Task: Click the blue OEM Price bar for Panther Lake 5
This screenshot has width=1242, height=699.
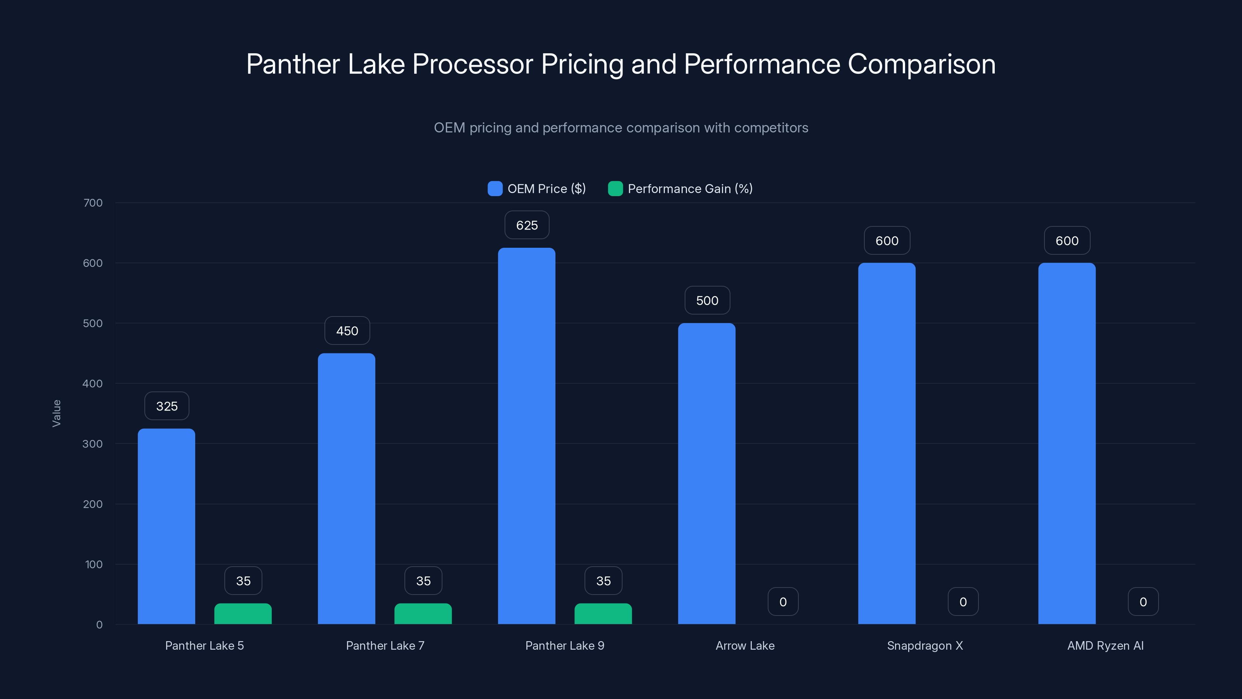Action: [167, 526]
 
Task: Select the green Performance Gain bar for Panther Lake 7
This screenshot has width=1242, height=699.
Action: [423, 614]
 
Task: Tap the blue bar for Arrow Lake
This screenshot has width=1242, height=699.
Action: [706, 473]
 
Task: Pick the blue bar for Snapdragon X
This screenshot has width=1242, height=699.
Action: [886, 444]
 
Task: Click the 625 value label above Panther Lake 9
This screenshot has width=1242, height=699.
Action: [527, 225]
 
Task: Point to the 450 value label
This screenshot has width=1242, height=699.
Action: [347, 331]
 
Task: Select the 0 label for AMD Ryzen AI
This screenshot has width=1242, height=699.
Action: [1143, 602]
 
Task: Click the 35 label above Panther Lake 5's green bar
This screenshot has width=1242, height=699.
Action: [243, 581]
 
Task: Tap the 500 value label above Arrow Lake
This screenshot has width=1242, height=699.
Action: [707, 301]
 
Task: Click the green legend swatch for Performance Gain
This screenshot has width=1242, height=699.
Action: [615, 189]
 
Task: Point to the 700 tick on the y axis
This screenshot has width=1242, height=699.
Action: [93, 203]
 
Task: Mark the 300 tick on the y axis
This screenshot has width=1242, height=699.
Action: [93, 444]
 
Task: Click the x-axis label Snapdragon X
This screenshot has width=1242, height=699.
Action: [925, 645]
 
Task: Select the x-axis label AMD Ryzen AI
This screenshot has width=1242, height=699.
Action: [1105, 645]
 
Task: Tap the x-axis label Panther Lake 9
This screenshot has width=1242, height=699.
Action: [565, 645]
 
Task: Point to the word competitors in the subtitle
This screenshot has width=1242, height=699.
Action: [771, 128]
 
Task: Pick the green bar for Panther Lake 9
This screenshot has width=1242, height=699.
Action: [603, 614]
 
